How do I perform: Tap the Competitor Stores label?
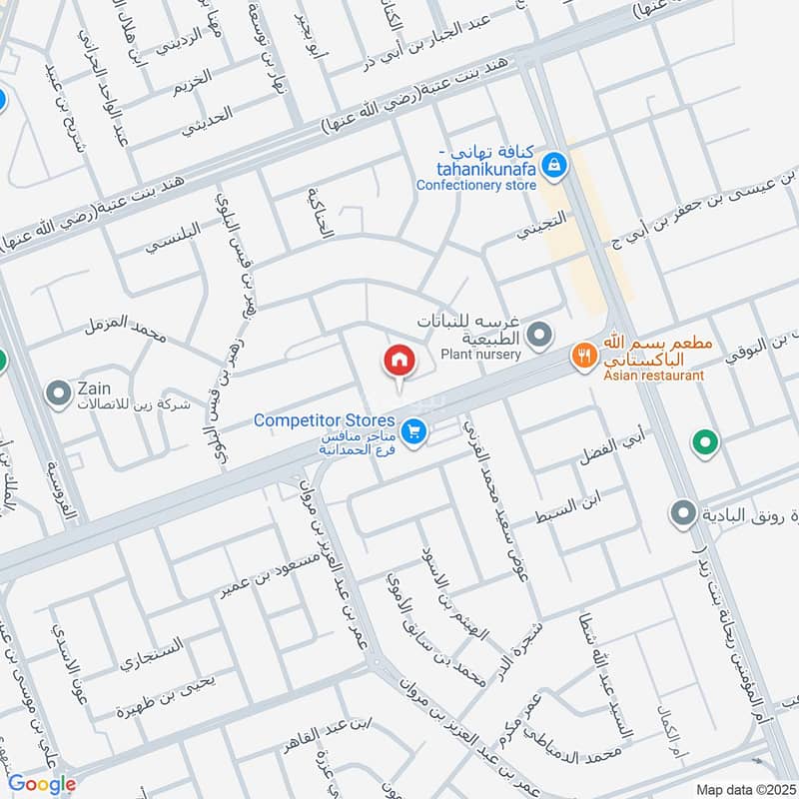click(325, 420)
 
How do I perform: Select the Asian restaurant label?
click(654, 376)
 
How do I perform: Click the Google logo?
click(42, 784)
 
